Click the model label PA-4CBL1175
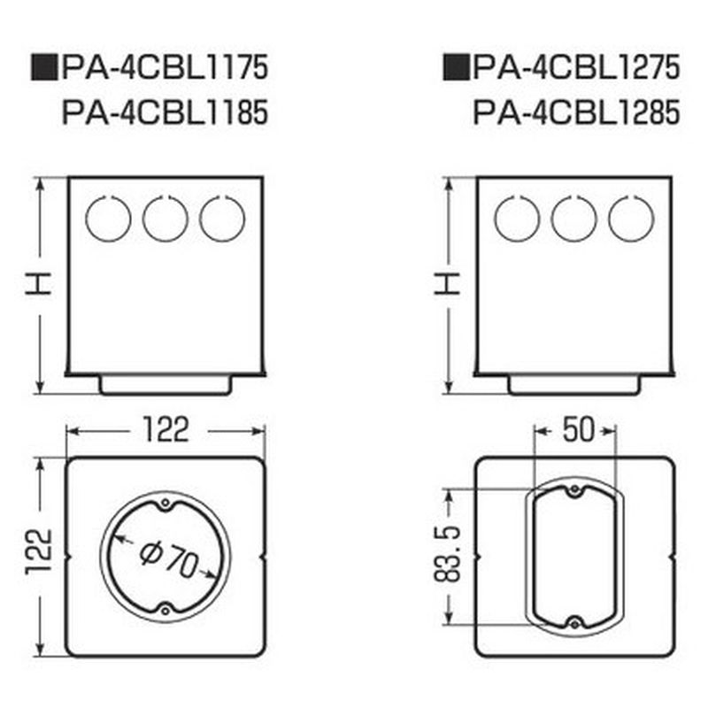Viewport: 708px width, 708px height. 165,68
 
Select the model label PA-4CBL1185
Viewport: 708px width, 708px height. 165,112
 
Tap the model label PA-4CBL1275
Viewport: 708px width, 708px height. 576,68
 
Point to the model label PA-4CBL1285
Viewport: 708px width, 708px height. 576,112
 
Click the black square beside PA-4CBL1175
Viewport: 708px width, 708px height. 44,68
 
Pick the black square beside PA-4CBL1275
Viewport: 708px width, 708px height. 456,68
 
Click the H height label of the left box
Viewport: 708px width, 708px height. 38,284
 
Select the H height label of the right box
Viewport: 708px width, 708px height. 448,284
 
